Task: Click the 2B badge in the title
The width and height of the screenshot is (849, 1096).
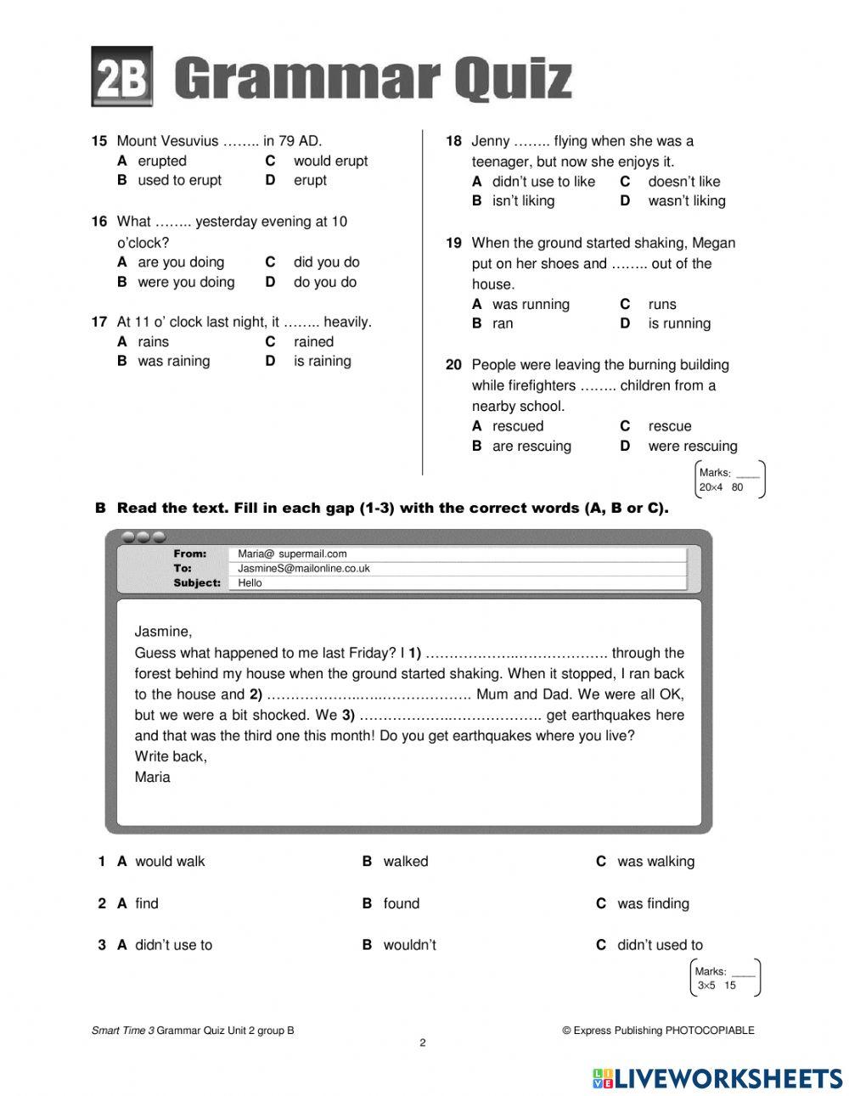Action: pos(121,77)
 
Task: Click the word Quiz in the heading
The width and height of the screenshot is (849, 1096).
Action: pos(512,79)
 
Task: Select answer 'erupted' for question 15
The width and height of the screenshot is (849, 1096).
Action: pos(161,160)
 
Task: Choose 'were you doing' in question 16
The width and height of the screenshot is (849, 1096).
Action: pos(185,282)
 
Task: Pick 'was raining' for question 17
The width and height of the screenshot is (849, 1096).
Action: pos(173,361)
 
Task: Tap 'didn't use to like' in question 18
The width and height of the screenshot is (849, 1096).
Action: pos(543,181)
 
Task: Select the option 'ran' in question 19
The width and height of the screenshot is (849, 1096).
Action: pos(503,323)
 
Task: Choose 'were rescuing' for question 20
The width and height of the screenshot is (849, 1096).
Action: pos(692,446)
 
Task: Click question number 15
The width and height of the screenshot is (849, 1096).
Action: pos(99,141)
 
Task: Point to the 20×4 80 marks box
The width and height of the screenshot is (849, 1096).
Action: pos(729,480)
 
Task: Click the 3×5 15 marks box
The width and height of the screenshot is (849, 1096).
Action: pos(725,978)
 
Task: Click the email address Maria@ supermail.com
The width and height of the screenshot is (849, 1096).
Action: pos(292,554)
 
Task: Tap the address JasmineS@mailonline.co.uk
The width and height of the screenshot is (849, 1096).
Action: pos(303,568)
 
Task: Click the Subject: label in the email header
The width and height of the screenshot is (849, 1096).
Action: pos(197,582)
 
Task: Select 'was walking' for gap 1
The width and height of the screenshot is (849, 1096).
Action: pos(655,861)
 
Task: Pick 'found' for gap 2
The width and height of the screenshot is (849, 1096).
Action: pos(401,903)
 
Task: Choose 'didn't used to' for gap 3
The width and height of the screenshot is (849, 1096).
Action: pos(660,945)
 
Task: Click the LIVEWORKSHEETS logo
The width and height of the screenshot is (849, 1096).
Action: pos(717,1078)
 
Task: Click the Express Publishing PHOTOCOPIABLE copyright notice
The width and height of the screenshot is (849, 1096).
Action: pos(658,1031)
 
